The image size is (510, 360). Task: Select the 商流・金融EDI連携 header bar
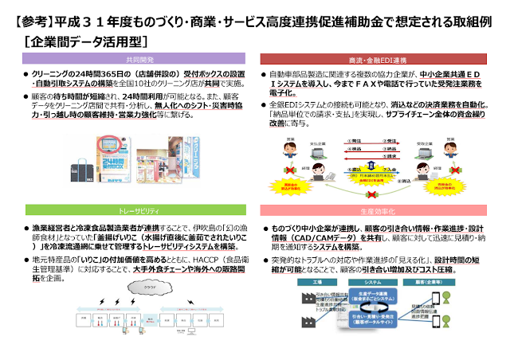point(381,58)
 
